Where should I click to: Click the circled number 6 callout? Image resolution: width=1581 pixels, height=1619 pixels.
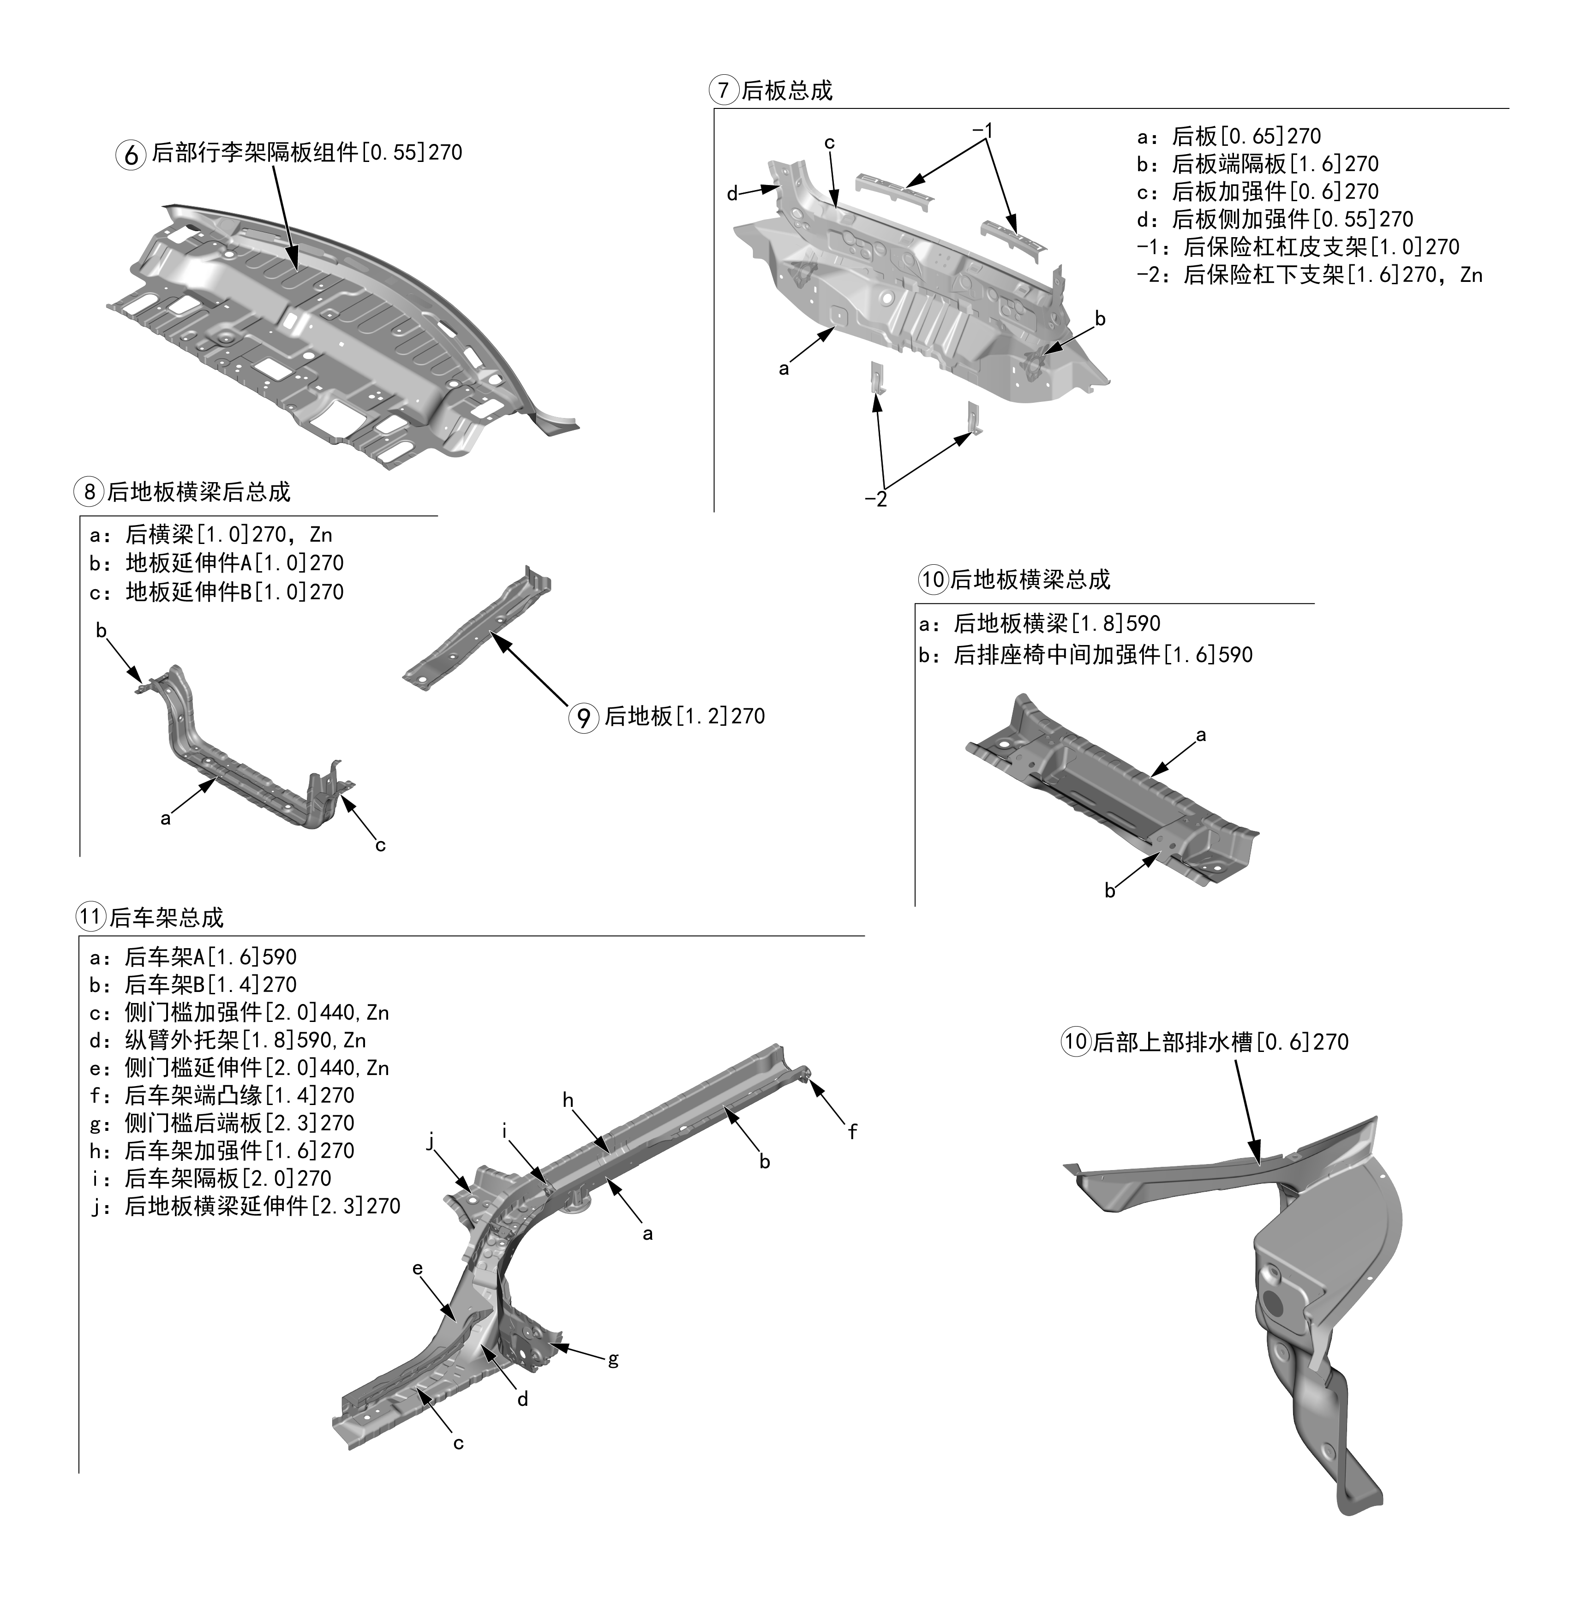tap(131, 155)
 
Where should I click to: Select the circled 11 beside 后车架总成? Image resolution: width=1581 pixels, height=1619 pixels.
tap(90, 917)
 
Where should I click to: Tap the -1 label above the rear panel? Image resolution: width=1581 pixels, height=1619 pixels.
tap(982, 131)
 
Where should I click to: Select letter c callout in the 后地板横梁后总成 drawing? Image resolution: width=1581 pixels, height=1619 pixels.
tap(380, 845)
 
